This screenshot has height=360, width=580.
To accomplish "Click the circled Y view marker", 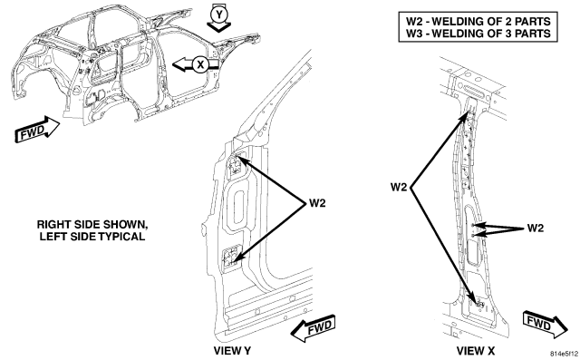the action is click(x=219, y=15).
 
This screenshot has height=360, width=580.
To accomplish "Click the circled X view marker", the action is click(x=200, y=64).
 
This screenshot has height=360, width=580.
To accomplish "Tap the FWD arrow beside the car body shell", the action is click(x=37, y=130).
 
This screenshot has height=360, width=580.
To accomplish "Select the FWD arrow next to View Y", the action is click(x=314, y=328).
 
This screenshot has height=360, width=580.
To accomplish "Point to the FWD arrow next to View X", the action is click(x=546, y=325).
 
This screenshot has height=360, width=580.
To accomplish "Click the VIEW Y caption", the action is click(x=232, y=350).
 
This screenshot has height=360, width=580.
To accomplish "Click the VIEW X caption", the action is click(x=475, y=350).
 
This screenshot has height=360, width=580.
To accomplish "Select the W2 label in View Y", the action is click(x=317, y=203).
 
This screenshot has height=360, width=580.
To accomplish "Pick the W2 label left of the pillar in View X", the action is click(x=399, y=187).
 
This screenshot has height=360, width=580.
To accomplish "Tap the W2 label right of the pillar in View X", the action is click(x=536, y=228).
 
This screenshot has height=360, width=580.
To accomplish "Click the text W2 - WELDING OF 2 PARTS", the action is click(x=478, y=21).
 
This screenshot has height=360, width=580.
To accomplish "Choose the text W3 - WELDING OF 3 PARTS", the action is click(x=478, y=34).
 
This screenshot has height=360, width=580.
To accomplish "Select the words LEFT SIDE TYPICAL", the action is click(x=92, y=237).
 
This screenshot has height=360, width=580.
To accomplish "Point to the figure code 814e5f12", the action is click(x=565, y=354).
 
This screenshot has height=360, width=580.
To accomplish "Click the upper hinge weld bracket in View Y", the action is click(x=235, y=165).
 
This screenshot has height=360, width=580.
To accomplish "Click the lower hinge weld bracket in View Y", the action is click(x=230, y=258).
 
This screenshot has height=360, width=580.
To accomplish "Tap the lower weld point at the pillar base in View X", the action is click(x=479, y=304).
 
